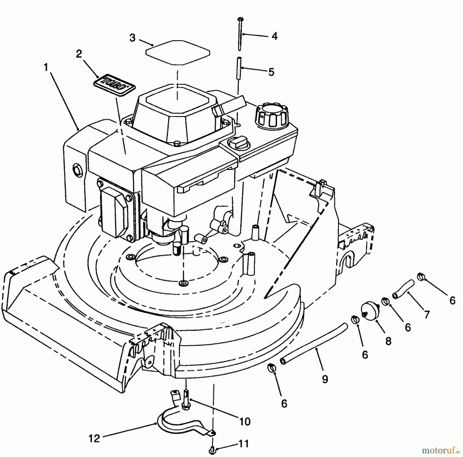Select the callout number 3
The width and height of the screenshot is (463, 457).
coord(132,38)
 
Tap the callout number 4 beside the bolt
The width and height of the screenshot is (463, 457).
coord(274,36)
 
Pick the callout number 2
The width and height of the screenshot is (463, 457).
coord(79,54)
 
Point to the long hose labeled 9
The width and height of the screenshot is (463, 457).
coord(314,344)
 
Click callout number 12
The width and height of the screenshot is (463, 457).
coord(94,438)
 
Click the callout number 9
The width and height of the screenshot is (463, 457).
coord(325,379)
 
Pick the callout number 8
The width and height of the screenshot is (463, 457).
coord(388,341)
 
